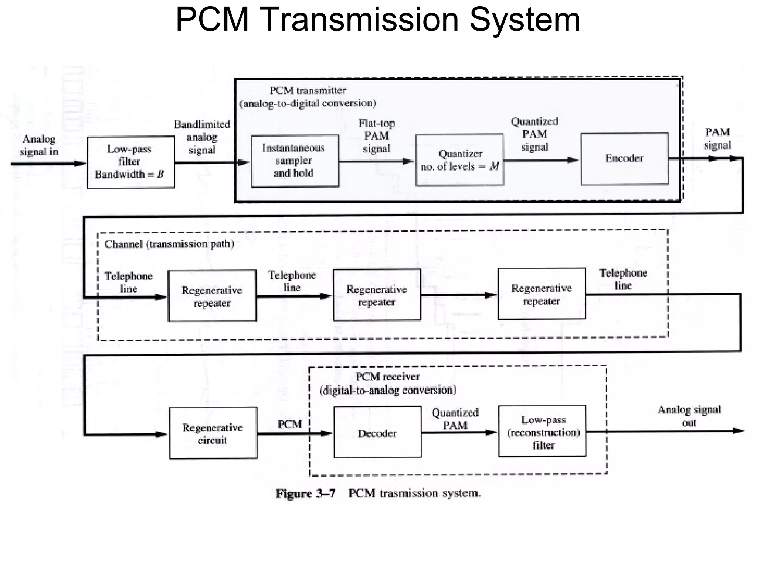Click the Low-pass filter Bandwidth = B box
(130, 162)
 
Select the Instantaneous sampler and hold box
(295, 161)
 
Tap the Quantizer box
(459, 160)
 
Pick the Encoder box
(624, 159)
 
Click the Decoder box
(377, 433)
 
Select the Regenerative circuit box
(213, 433)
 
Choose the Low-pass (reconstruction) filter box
(542, 432)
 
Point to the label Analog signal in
(39, 145)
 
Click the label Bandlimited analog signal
(202, 137)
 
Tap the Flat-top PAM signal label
(376, 135)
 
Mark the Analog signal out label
(689, 416)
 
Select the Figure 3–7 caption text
(378, 493)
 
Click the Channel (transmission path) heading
(169, 244)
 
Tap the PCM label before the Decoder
(289, 424)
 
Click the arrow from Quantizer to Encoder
(540, 160)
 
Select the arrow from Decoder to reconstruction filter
(459, 433)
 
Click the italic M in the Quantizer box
(494, 166)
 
